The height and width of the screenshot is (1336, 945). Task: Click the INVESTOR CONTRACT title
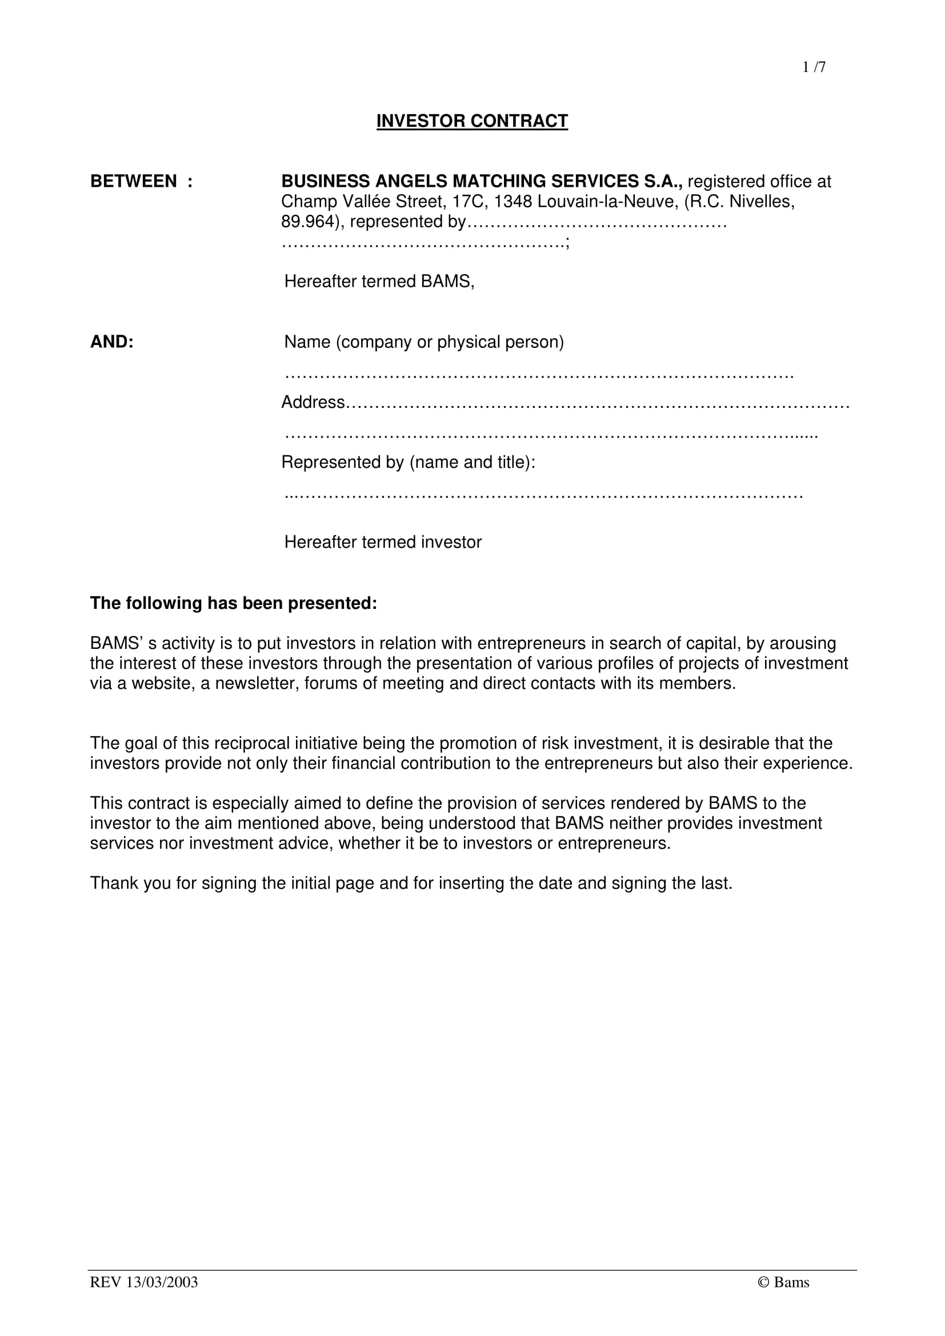click(472, 121)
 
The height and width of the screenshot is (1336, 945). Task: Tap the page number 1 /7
click(814, 67)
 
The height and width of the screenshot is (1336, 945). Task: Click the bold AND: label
click(112, 342)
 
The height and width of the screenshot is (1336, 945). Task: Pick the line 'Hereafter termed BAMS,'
click(379, 282)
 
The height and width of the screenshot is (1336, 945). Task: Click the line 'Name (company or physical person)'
click(423, 342)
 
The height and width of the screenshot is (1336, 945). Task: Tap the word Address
click(313, 403)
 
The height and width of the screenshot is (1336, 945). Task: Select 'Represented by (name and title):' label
click(408, 463)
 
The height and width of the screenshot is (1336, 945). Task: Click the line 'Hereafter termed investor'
click(383, 542)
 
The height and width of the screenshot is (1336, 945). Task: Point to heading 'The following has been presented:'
click(233, 603)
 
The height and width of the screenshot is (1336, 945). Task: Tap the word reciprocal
click(251, 744)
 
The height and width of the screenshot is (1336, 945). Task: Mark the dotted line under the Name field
click(539, 375)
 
